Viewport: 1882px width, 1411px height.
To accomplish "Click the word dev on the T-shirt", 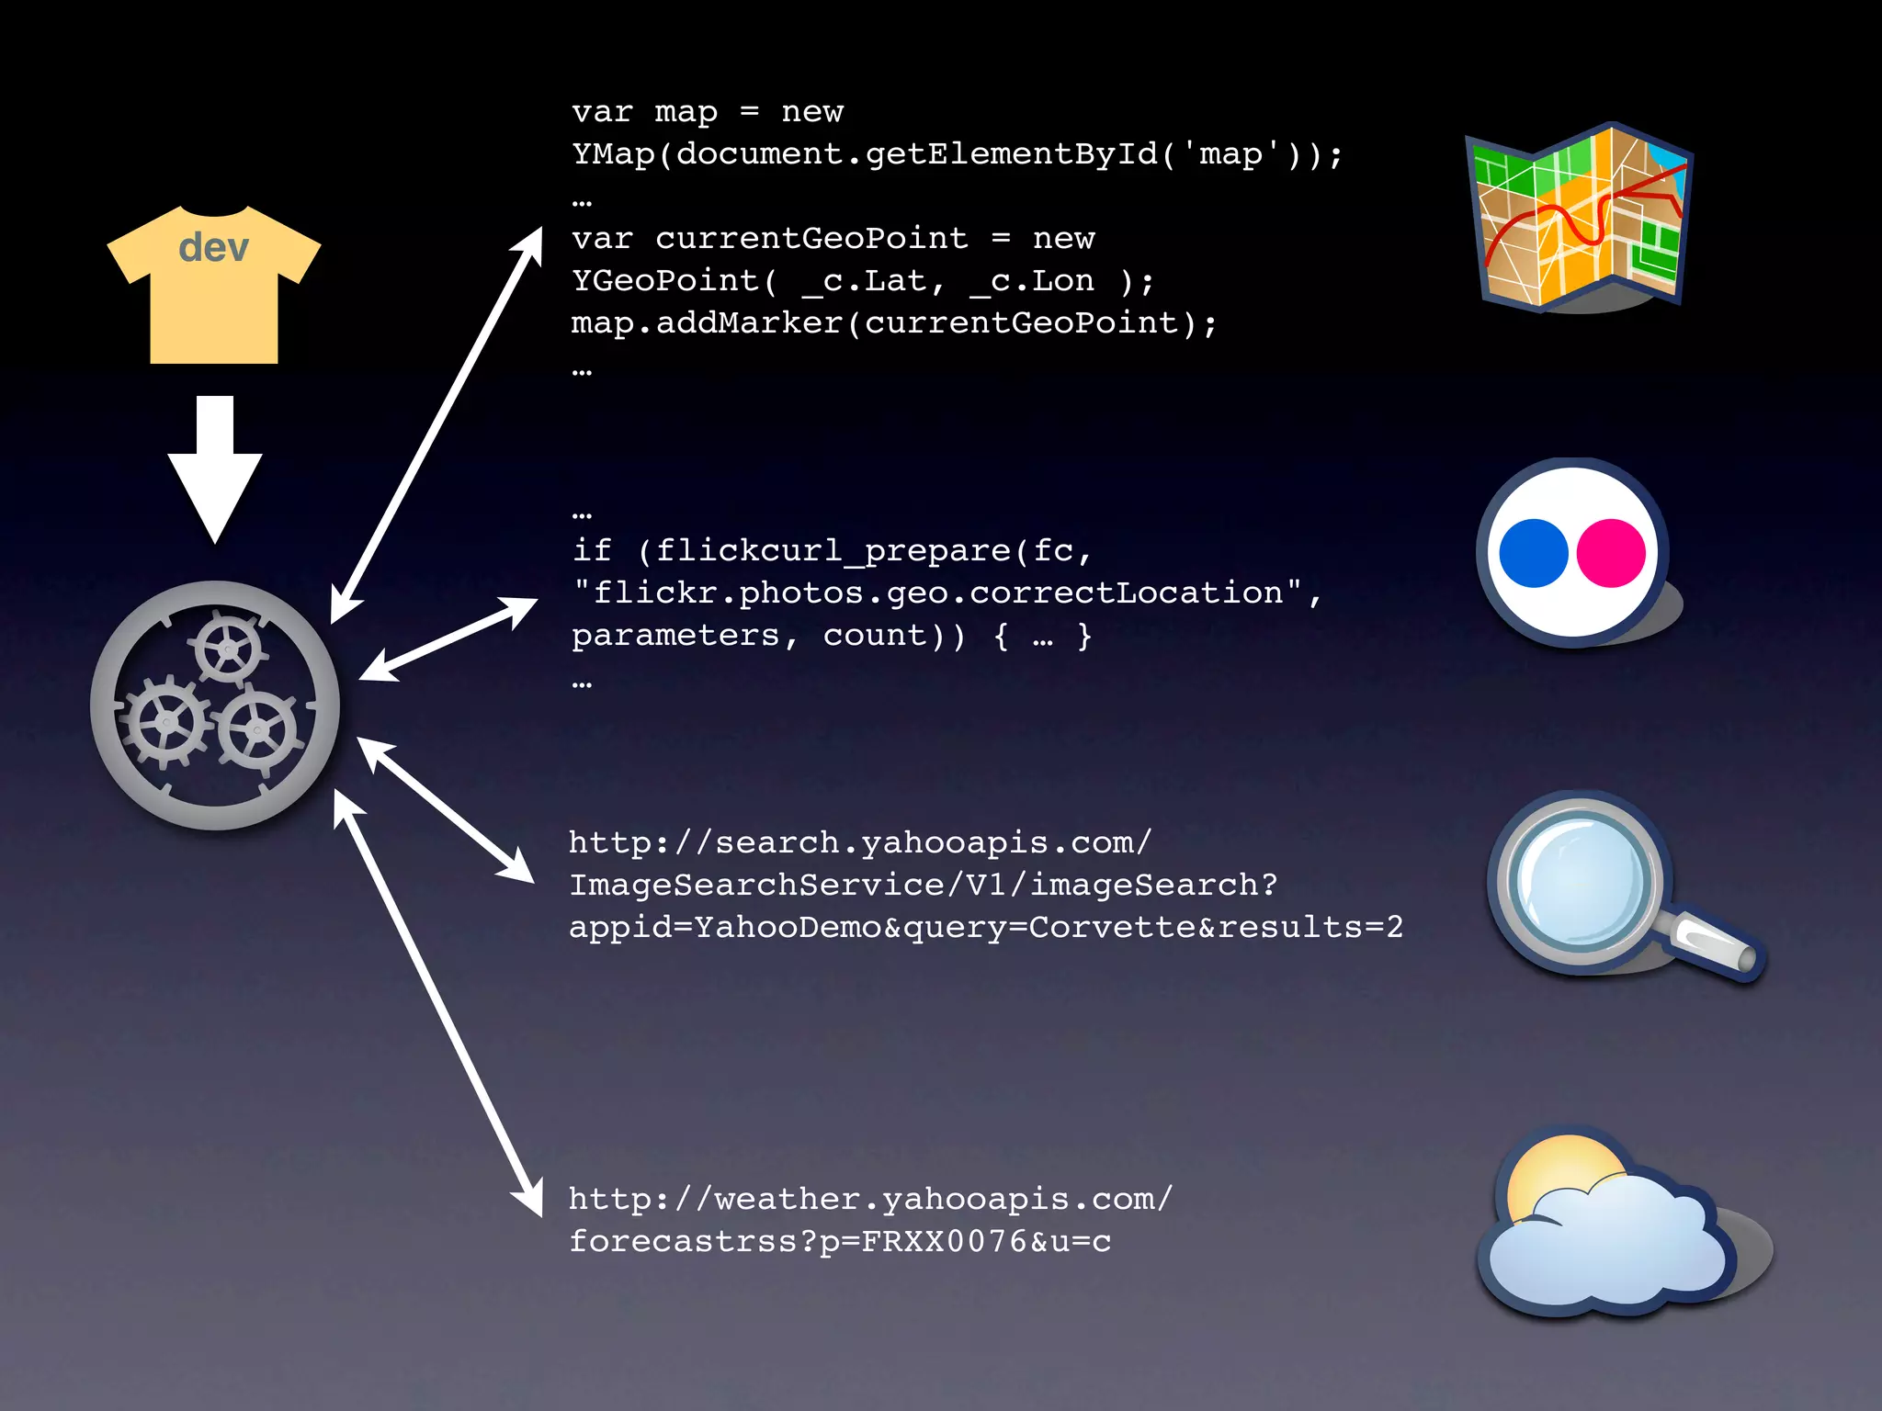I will (213, 247).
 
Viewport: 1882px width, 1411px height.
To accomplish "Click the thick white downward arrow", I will (215, 469).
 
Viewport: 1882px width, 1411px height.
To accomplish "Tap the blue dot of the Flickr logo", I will (1533, 553).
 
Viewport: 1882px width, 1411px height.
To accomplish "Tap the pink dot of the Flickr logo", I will (1611, 553).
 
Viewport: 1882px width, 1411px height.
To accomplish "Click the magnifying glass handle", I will (1715, 945).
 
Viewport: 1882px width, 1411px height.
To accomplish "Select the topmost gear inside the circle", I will (226, 649).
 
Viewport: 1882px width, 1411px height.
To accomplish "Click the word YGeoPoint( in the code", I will (675, 280).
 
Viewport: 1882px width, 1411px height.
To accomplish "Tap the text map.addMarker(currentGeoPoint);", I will (893, 322).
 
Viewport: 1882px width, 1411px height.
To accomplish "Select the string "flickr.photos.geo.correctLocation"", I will (937, 593).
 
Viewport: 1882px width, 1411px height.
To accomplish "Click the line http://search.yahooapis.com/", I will (860, 841).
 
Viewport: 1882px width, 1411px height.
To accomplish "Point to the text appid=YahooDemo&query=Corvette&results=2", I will (985, 926).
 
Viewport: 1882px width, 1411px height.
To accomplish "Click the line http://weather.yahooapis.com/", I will (870, 1198).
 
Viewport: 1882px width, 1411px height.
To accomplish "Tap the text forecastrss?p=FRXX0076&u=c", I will (840, 1240).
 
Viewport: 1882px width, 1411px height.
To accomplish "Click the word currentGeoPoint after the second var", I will (811, 238).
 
